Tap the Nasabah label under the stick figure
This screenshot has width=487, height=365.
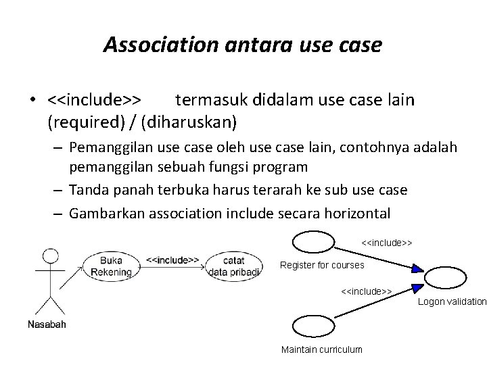[x=47, y=324]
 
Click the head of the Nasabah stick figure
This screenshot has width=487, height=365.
[x=49, y=256]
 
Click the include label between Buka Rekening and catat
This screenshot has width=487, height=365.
[x=172, y=259]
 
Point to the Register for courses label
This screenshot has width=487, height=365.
[x=322, y=265]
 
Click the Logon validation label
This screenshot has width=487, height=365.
[x=452, y=301]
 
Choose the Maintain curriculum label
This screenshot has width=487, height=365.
[x=321, y=349]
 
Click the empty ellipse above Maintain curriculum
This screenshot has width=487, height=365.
[x=313, y=329]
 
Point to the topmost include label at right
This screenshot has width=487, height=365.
[x=387, y=242]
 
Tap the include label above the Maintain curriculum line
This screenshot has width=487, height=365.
[x=367, y=291]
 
